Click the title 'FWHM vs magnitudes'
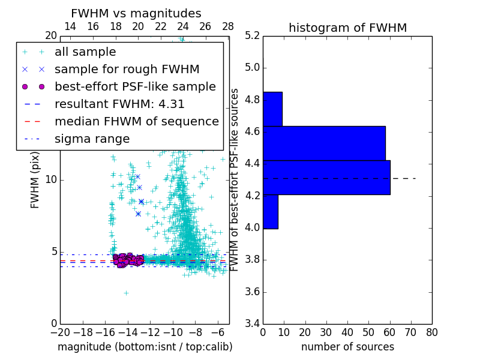click(x=136, y=13)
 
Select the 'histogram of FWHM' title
click(x=347, y=28)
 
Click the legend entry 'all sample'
click(x=85, y=52)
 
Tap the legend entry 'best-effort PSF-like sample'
click(x=135, y=86)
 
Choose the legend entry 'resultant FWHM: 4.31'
click(x=119, y=104)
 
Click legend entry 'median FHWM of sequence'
click(x=136, y=121)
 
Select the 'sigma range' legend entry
click(x=92, y=139)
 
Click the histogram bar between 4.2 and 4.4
click(x=326, y=178)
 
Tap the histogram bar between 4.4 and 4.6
click(x=324, y=143)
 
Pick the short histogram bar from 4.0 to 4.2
click(x=270, y=212)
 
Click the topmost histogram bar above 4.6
click(x=272, y=109)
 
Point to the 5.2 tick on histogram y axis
click(x=252, y=35)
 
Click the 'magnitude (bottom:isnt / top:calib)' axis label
click(x=145, y=347)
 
